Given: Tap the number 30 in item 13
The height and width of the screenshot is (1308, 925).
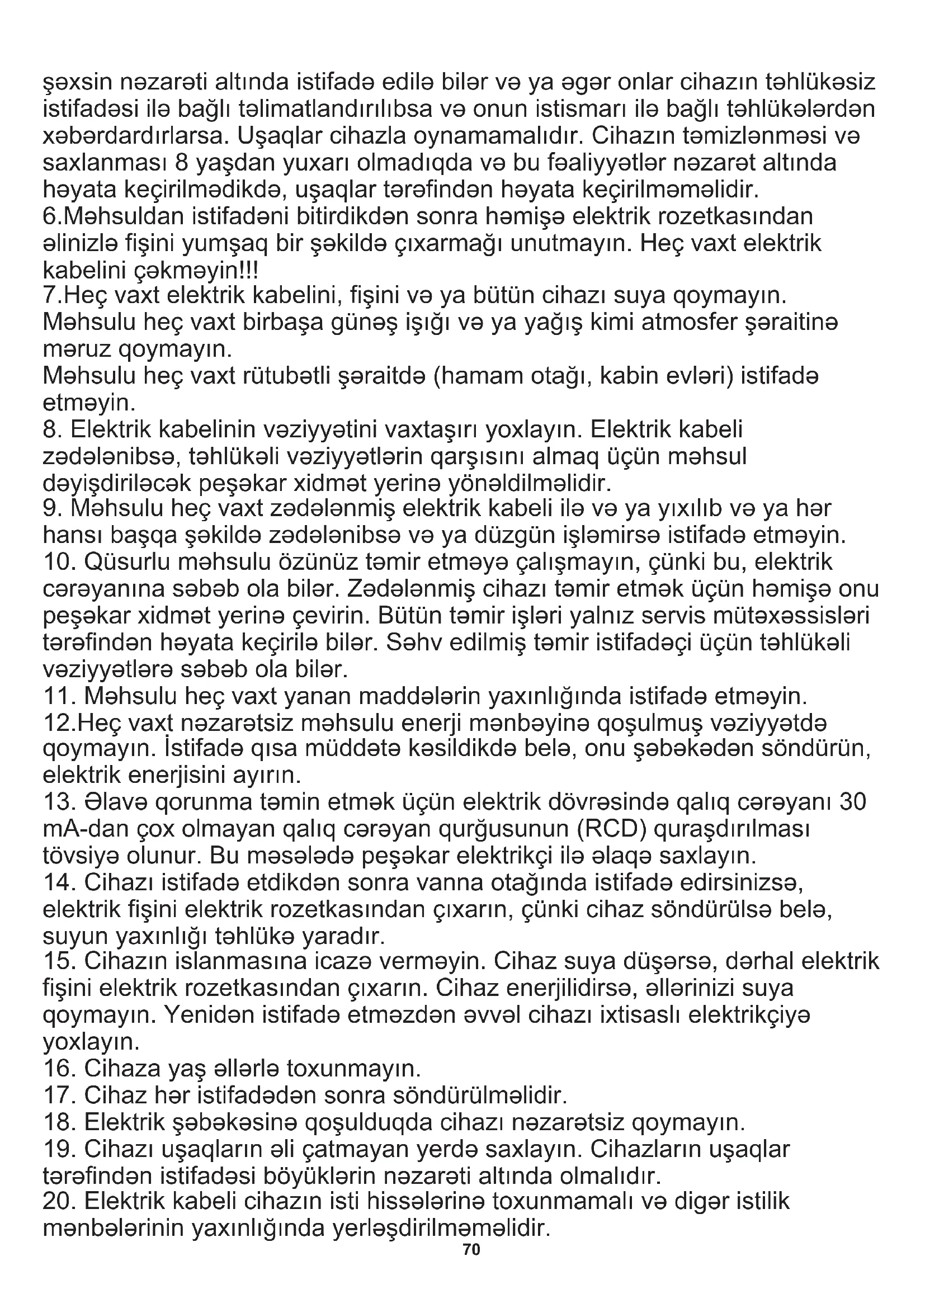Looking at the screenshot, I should coord(853,801).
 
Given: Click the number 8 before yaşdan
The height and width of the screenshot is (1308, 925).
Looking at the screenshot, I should coord(182,163).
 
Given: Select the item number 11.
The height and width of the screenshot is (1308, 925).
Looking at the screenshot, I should coord(59,696).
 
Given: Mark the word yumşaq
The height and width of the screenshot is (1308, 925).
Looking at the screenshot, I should coord(225,244).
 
